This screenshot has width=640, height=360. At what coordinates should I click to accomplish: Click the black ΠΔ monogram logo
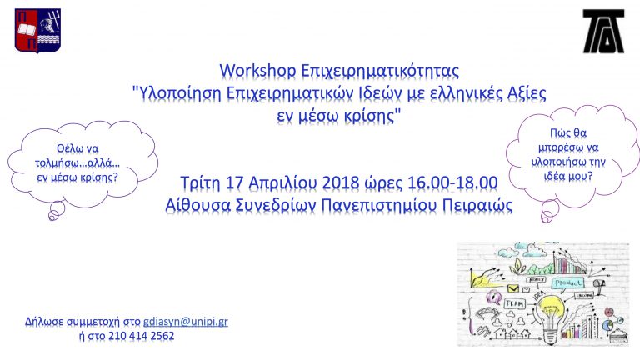pyautogui.click(x=603, y=31)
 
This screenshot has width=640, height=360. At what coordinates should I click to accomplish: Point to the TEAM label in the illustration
pyautogui.click(x=515, y=304)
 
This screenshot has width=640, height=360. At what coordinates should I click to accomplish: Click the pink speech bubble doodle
pyautogui.click(x=493, y=294)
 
